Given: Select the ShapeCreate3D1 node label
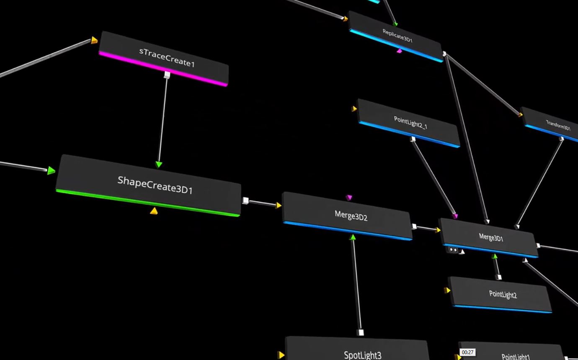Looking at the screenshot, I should (x=155, y=185).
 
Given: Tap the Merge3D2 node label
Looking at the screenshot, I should (x=351, y=216).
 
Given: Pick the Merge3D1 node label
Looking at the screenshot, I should (x=491, y=238).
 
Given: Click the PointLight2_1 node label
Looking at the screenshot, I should (x=410, y=122).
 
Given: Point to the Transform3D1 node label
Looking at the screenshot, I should (x=558, y=125).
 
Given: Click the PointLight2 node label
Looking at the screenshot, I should (x=503, y=295).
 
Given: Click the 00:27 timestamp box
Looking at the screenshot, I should (x=467, y=352).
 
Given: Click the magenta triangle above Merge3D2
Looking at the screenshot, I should (x=349, y=198).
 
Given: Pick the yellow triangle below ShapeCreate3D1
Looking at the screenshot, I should (x=154, y=211).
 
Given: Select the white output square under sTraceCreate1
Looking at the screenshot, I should (x=167, y=75).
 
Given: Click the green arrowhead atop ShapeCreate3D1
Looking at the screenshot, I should (x=159, y=165).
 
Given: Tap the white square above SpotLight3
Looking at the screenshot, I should (x=360, y=333).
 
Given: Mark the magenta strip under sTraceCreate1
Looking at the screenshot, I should (x=163, y=69).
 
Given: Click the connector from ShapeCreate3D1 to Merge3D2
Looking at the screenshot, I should (x=262, y=203).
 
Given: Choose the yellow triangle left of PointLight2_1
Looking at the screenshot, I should (x=354, y=109).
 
